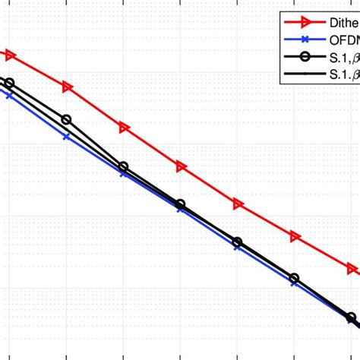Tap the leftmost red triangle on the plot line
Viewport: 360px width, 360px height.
tap(10, 55)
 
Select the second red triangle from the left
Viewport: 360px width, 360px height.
tap(67, 87)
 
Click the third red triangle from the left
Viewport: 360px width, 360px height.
tap(124, 128)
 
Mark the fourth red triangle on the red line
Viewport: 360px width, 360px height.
tap(181, 166)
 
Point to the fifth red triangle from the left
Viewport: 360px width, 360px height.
tap(238, 204)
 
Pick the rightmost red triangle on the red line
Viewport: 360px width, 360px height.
tap(352, 269)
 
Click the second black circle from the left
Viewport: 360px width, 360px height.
tap(66, 120)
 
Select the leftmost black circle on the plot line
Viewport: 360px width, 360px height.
tap(9, 83)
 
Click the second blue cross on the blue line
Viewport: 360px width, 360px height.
tap(67, 137)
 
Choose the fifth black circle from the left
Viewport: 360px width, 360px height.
tap(238, 242)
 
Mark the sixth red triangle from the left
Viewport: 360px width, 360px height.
tap(295, 237)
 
